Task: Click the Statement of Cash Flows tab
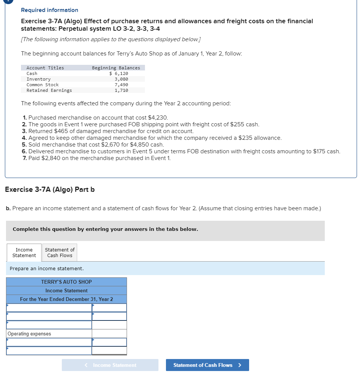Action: tap(60, 253)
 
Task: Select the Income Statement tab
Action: tap(24, 253)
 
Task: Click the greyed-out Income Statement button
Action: tap(110, 365)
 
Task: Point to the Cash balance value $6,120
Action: tap(119, 73)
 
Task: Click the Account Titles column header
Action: tap(45, 68)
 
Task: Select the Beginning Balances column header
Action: tap(116, 68)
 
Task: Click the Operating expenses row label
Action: tap(30, 334)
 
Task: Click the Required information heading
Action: tap(49, 10)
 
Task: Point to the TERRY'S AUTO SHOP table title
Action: tap(66, 282)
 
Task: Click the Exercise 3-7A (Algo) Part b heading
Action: tap(50, 189)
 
